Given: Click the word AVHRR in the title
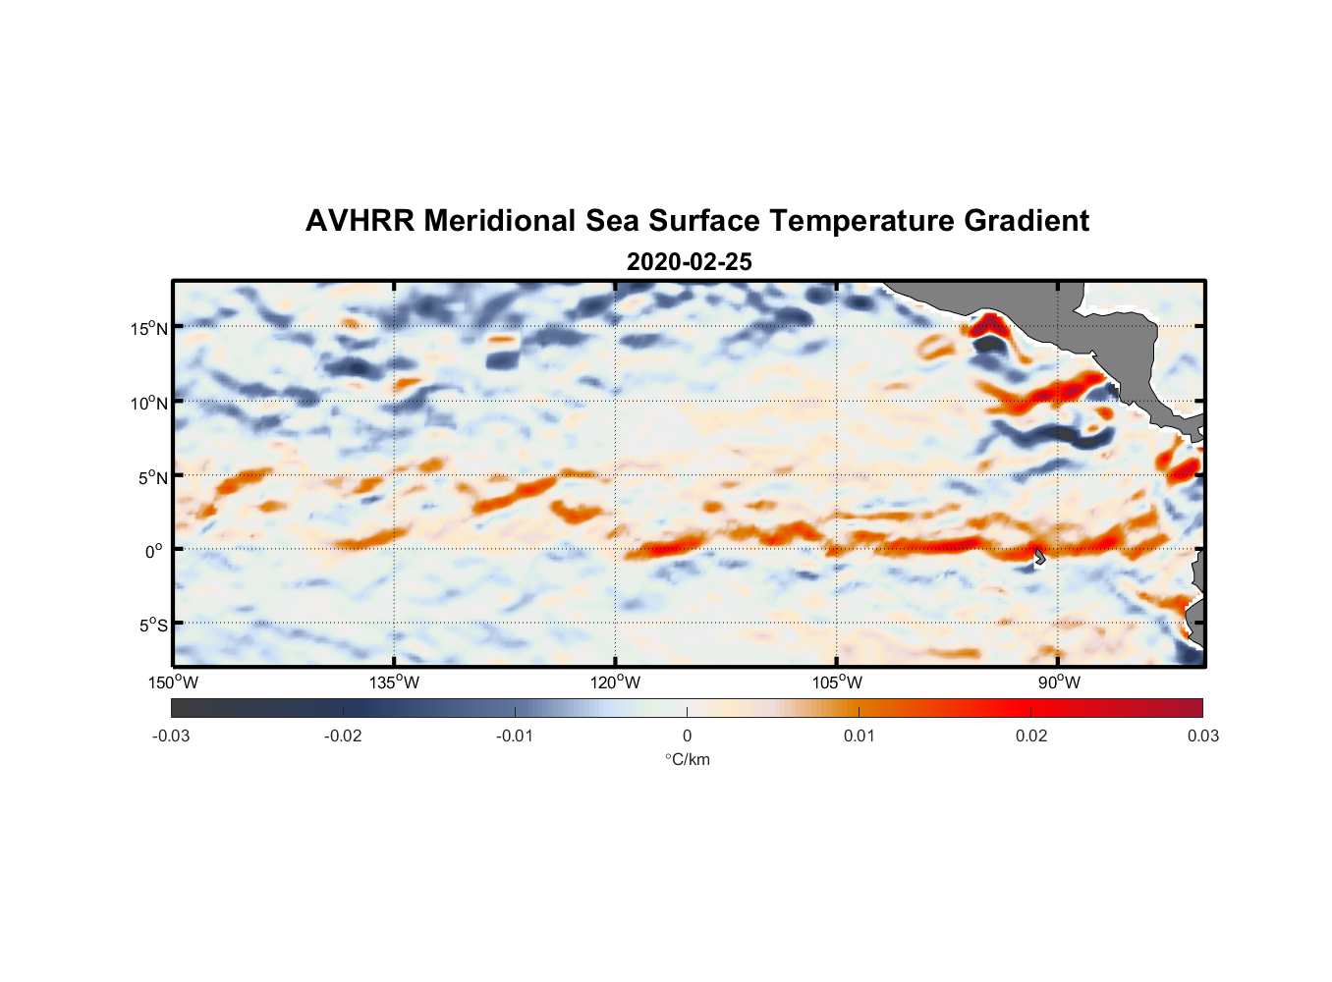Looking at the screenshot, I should [360, 221].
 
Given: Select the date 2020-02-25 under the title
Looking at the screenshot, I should [689, 262].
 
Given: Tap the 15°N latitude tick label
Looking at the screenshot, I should [149, 328].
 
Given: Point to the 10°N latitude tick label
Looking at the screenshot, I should [149, 403].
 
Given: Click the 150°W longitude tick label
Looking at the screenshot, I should [173, 682].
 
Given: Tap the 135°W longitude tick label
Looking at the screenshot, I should [394, 682].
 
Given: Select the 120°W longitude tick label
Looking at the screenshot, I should [616, 682].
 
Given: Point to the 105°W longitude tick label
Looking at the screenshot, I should [837, 682].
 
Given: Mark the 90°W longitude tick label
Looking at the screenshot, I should [1059, 682].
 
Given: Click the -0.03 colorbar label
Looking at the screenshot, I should [171, 736].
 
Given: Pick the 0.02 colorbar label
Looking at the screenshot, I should [1031, 736].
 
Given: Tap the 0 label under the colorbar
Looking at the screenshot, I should [687, 736].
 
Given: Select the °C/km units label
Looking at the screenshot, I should [687, 759].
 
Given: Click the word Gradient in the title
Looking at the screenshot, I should [1027, 221].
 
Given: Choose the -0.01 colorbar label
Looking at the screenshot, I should [515, 736].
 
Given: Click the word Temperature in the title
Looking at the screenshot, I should [861, 221].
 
